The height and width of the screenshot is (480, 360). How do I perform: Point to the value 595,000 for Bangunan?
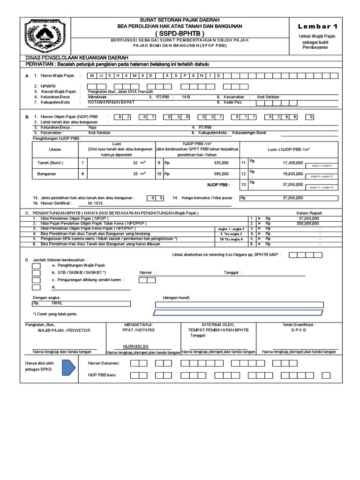point(221,174)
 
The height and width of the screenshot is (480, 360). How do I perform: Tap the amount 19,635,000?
point(293,173)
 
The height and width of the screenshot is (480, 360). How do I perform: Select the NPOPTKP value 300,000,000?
point(308,224)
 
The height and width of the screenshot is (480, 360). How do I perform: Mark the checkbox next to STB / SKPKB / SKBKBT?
point(36,273)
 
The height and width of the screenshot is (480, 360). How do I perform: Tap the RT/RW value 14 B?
point(186,97)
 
